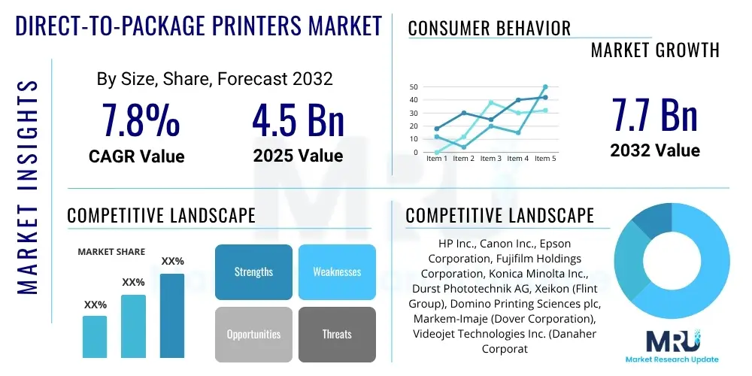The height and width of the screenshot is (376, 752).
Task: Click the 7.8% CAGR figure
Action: (x=141, y=120)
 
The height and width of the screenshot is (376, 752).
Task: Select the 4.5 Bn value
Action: (x=298, y=120)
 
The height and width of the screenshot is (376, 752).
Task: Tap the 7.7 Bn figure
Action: (x=654, y=115)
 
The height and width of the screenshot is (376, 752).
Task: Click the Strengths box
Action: (x=253, y=271)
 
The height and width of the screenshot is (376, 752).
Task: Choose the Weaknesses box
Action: (x=336, y=271)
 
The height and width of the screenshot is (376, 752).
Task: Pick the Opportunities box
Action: (x=253, y=334)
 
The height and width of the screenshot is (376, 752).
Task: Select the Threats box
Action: (x=336, y=334)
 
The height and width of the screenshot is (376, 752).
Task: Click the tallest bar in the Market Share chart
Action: (x=172, y=315)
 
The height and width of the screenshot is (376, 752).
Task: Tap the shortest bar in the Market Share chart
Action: (x=95, y=336)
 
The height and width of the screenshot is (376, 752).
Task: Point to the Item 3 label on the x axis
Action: (x=490, y=159)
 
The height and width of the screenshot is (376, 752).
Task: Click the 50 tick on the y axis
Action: (x=414, y=86)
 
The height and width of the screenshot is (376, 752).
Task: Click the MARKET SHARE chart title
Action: (x=111, y=252)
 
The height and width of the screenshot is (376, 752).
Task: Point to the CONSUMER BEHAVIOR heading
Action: (x=489, y=29)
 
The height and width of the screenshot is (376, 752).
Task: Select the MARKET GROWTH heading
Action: (x=654, y=50)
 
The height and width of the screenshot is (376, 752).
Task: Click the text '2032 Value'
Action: (x=654, y=150)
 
